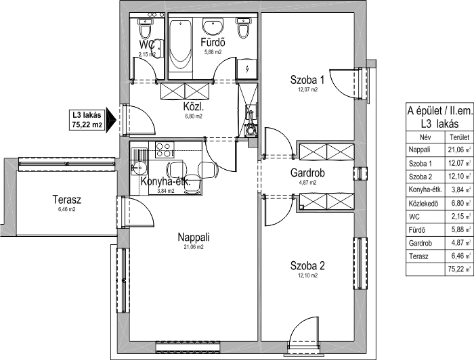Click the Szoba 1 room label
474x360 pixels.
point(307,80)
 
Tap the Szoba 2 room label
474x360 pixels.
point(307,266)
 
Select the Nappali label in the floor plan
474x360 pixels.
point(194,237)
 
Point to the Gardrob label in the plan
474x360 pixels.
point(307,173)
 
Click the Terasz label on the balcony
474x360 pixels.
point(67,200)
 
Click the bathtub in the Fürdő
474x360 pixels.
point(180,45)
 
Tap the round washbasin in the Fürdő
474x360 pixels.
point(213,26)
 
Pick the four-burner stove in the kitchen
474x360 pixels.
point(165,150)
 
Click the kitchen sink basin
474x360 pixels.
point(138,167)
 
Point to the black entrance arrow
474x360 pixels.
point(111,120)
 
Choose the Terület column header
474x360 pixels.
point(460,137)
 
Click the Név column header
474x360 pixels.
point(425,137)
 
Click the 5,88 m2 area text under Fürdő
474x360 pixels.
point(213,52)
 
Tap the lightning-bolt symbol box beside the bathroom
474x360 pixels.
point(247,69)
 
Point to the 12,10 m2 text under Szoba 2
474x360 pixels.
point(307,275)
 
